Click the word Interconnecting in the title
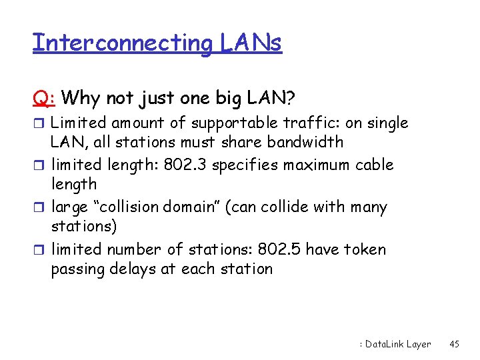coord(121,43)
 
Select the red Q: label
coord(44,98)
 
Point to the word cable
coord(375,164)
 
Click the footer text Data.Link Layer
coord(397,344)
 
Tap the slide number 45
coord(455,344)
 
